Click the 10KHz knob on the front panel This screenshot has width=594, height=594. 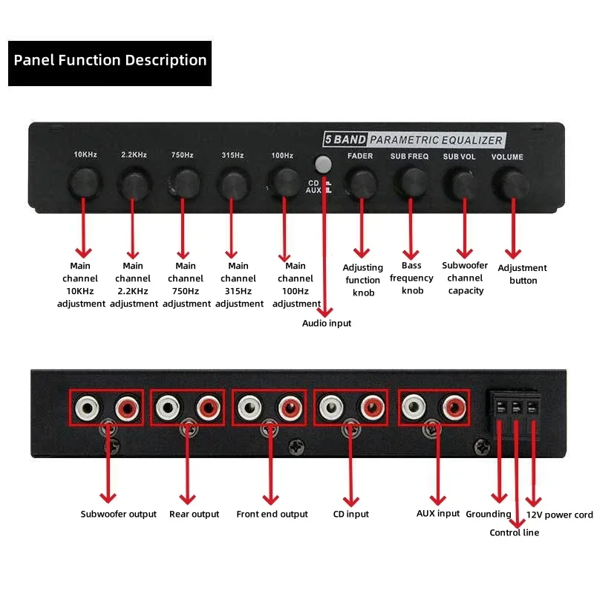pos(84,180)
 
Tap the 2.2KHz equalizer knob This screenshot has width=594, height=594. pos(134,181)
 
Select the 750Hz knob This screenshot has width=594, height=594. pos(184,181)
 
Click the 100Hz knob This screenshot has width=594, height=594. pos(283,181)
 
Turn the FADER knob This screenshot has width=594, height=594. pos(361,182)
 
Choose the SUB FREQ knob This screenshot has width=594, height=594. pos(410,181)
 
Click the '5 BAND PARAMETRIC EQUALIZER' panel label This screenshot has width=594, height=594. pos(413,140)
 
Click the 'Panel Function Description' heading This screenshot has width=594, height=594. pos(110,60)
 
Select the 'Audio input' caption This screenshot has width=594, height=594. pos(327,323)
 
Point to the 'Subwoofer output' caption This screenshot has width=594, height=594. pos(119,514)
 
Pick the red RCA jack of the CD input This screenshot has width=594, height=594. pos(369,407)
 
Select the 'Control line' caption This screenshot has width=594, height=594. pos(514,532)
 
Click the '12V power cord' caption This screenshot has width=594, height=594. pos(559,515)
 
